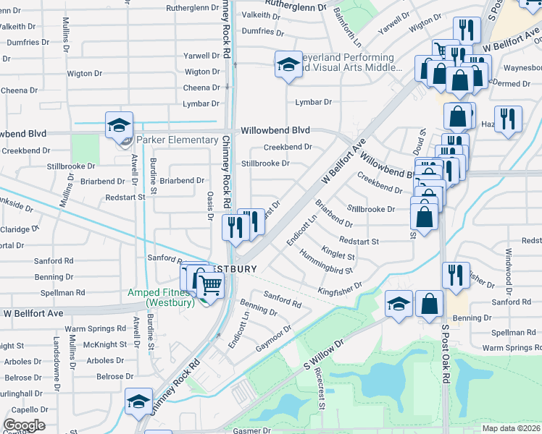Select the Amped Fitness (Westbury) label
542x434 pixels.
tap(160, 297)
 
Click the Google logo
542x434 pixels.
tap(24, 425)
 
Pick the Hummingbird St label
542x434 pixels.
tap(328, 264)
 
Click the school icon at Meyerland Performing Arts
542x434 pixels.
tap(288, 64)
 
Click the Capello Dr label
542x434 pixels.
tap(25, 409)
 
